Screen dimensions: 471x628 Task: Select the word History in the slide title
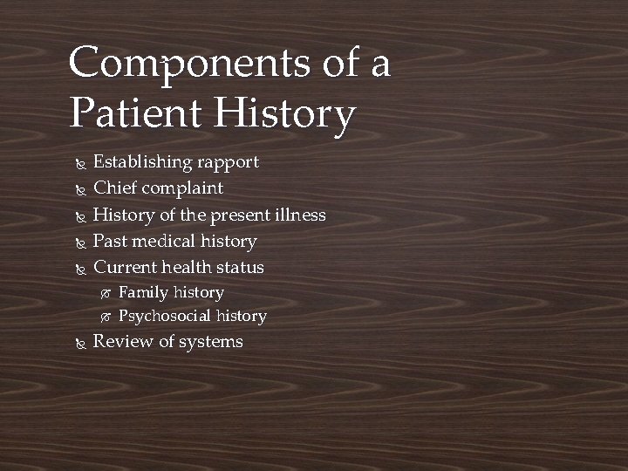pyautogui.click(x=286, y=115)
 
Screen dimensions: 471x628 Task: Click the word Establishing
pyautogui.click(x=142, y=163)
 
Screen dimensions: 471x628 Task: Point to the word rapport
pyautogui.click(x=228, y=163)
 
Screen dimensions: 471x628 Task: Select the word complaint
pyautogui.click(x=182, y=189)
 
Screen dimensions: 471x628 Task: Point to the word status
pyautogui.click(x=240, y=267)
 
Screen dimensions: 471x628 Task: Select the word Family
pyautogui.click(x=143, y=293)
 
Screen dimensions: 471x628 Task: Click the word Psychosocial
pyautogui.click(x=164, y=317)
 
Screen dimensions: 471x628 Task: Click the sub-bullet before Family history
pyautogui.click(x=105, y=294)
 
